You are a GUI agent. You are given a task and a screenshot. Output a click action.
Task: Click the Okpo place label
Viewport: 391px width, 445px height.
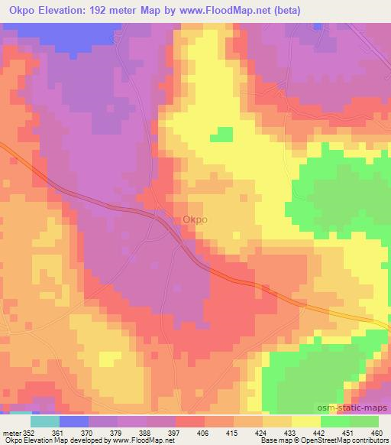pyautogui.click(x=194, y=220)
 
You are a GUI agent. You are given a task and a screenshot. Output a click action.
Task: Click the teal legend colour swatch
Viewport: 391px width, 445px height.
pyautogui.click(x=45, y=421)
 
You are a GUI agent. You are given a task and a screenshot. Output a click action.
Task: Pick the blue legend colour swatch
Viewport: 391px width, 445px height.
pyautogui.click(x=73, y=421)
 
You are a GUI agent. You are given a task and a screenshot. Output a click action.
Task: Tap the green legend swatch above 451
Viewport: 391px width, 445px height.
pyautogui.click(x=334, y=421)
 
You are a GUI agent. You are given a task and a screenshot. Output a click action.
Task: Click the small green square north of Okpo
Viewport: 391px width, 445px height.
pyautogui.click(x=221, y=135)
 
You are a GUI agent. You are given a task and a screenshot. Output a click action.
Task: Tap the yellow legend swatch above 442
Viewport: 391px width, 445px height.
pyautogui.click(x=305, y=421)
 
